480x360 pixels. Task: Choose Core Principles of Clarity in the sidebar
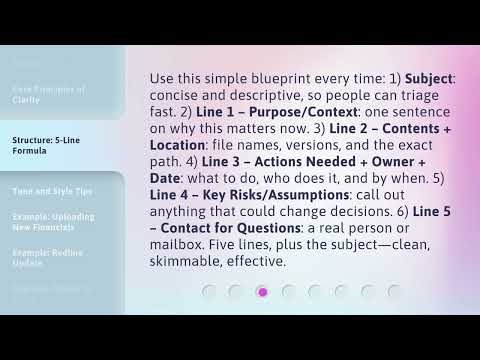coord(48,94)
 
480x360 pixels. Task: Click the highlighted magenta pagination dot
coord(262,292)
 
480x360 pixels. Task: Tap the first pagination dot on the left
coord(209,292)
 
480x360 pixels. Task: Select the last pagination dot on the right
coord(394,292)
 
